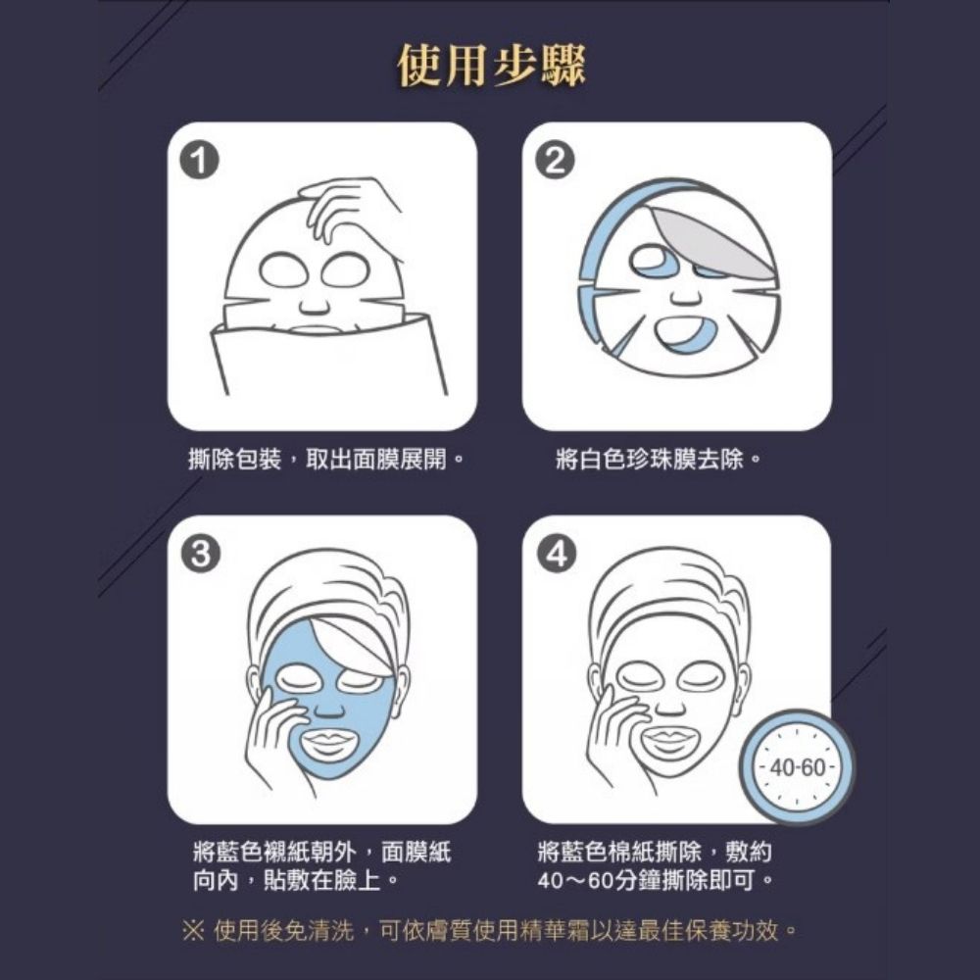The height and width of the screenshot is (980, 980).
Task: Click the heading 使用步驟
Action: point(491,65)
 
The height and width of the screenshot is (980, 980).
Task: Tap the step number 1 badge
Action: point(199,161)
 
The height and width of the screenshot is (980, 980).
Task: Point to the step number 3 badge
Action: point(200,553)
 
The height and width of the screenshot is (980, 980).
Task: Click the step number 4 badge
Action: point(556,553)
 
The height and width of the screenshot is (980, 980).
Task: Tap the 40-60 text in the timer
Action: point(798,767)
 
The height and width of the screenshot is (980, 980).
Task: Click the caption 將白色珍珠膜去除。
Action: point(659,460)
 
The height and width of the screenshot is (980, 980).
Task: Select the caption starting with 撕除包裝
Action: point(326,460)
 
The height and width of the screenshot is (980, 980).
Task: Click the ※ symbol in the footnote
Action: point(193,931)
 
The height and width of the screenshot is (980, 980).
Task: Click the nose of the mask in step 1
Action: point(314,305)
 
